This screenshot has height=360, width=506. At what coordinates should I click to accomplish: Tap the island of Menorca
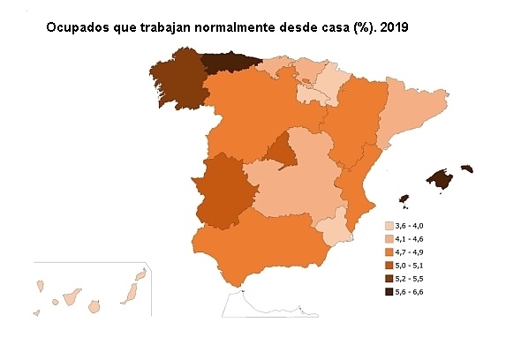[x=467, y=168]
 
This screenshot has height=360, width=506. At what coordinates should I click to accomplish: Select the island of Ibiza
[x=404, y=198]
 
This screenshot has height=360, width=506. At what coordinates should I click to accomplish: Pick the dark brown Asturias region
[x=229, y=64]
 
